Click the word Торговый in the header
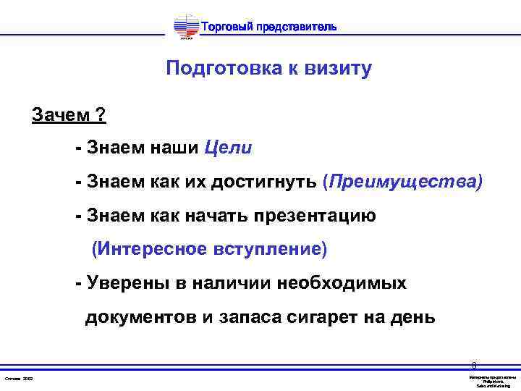226,28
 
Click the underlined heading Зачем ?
69,115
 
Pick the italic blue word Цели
228,148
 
